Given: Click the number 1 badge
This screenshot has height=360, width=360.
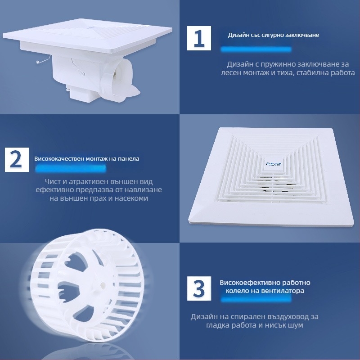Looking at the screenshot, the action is (199, 38).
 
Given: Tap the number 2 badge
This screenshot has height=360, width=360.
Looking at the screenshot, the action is (17, 160).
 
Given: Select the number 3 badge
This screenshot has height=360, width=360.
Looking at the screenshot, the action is (199, 288).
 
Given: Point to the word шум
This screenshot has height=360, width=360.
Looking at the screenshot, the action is (296, 325).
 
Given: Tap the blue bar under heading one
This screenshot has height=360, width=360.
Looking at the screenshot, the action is (256, 49).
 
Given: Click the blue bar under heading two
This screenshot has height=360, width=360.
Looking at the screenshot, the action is (71, 169).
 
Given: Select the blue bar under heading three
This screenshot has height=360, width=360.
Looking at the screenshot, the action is (256, 299).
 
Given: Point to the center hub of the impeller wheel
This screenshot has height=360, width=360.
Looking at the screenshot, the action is (102, 285).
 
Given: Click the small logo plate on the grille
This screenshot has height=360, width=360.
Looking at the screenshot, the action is (274, 165).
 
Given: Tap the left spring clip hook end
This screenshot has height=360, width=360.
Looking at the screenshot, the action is (37, 62).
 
